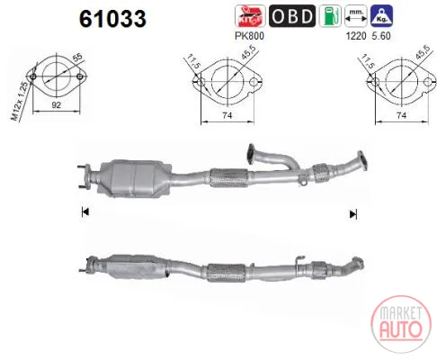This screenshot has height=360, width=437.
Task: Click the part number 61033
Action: (x=112, y=19)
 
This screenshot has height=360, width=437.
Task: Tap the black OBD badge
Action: (x=292, y=16)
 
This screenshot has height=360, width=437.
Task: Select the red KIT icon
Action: (x=250, y=16)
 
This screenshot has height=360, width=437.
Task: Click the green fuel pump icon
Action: (x=330, y=16)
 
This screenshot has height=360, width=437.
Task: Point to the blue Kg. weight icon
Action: (x=381, y=16)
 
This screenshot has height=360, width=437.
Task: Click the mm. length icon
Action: (x=356, y=16)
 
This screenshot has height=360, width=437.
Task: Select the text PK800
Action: (x=249, y=36)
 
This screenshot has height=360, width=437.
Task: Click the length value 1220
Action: (x=356, y=36)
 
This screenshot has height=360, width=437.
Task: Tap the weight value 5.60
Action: (x=381, y=36)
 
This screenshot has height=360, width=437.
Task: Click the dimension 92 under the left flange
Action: (x=57, y=104)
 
